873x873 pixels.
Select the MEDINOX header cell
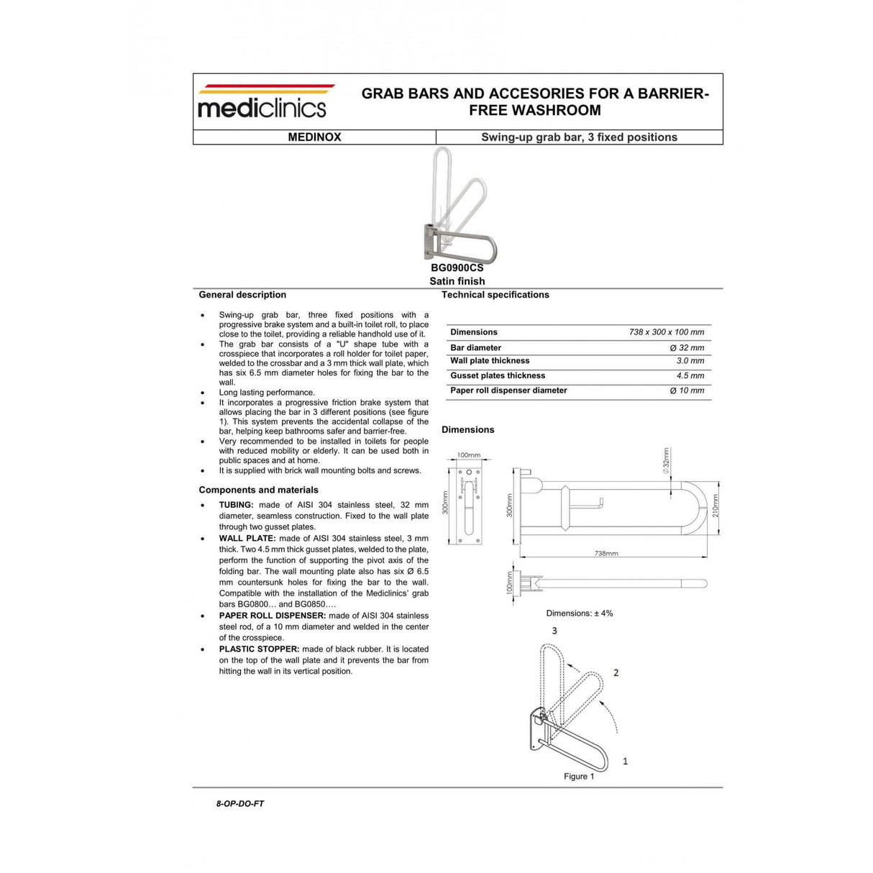(314, 137)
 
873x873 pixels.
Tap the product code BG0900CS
(457, 268)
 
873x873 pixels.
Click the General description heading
(242, 295)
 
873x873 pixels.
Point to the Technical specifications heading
(495, 295)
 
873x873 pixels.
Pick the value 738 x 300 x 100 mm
(666, 332)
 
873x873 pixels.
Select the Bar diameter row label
(475, 347)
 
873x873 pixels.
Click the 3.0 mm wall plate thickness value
(690, 361)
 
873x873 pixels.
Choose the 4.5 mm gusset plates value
(690, 375)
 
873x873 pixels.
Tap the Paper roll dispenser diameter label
(508, 390)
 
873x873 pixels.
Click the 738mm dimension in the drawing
(606, 553)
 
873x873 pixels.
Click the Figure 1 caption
(579, 777)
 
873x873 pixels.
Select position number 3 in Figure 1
(554, 631)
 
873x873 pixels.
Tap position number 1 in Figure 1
(625, 761)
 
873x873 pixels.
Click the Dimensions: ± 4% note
(579, 613)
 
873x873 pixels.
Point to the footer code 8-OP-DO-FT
(239, 803)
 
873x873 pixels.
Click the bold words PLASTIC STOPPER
(259, 649)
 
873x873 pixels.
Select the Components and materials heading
(258, 490)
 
